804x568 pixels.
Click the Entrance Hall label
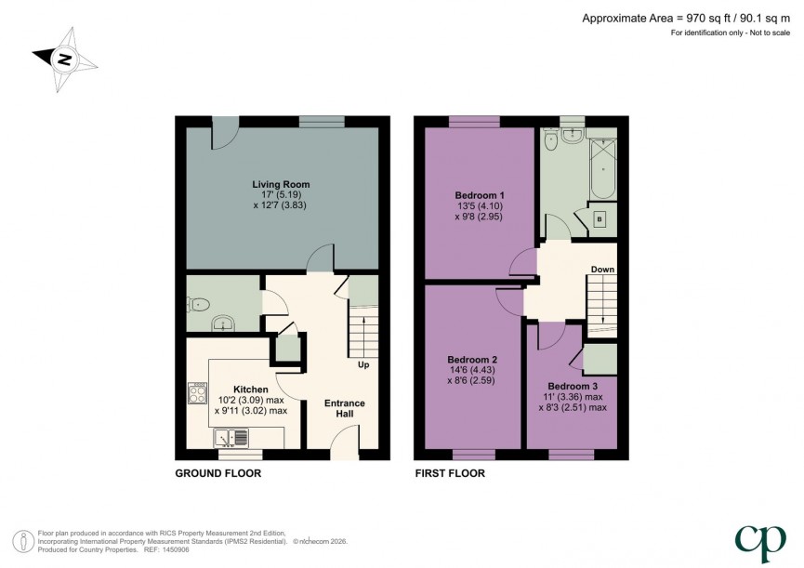344,409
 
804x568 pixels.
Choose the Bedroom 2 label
472,360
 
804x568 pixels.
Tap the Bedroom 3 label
572,386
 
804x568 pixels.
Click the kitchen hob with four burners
197,394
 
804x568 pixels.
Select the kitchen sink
231,436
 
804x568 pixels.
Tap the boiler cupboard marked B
599,219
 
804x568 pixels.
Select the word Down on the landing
602,270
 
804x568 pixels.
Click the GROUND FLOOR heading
218,473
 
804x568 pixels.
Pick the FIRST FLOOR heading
450,473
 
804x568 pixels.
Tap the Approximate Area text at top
688,17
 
